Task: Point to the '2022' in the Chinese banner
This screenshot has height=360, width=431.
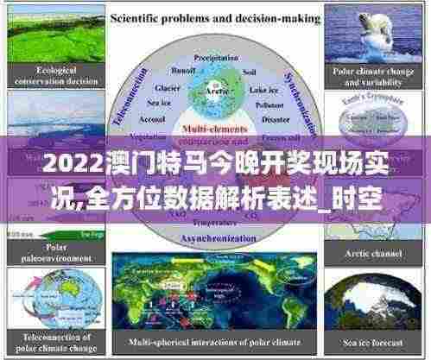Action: pyautogui.click(x=64, y=162)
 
